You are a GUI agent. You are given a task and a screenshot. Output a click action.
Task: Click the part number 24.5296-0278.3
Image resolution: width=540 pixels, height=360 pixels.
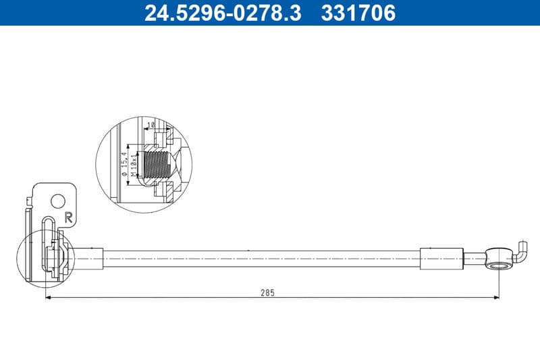click(x=223, y=13)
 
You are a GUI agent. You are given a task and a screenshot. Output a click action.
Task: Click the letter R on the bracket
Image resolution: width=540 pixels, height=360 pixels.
click(x=68, y=217)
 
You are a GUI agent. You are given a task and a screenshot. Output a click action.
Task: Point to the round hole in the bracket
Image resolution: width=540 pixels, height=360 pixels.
click(x=59, y=201)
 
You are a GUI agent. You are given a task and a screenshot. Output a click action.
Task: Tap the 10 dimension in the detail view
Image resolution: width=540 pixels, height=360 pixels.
click(x=151, y=124)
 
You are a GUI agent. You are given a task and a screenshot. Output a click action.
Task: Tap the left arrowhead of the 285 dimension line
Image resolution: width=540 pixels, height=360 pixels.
click(x=49, y=298)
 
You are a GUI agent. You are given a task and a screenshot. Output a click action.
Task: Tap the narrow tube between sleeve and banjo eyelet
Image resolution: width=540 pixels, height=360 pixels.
click(x=475, y=257)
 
